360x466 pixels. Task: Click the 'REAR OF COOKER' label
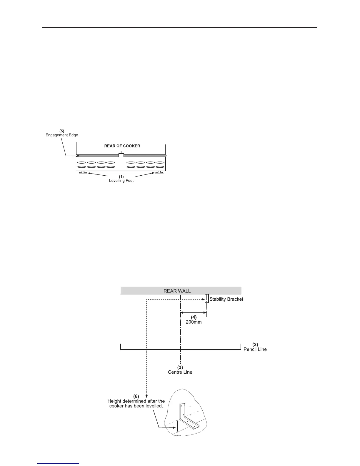122,146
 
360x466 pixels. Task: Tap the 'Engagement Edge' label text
62,135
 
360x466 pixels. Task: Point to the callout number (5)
62,131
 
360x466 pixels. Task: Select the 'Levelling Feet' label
121,181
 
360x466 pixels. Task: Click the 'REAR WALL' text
177,291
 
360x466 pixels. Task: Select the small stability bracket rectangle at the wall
207,298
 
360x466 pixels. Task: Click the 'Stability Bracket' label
226,299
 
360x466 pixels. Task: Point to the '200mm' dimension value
194,322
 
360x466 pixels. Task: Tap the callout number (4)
194,317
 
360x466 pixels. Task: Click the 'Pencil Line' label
255,349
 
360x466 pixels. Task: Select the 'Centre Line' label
180,372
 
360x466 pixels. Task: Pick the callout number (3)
180,367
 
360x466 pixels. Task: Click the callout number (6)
136,396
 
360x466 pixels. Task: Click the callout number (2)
255,344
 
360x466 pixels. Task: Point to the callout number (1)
121,177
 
